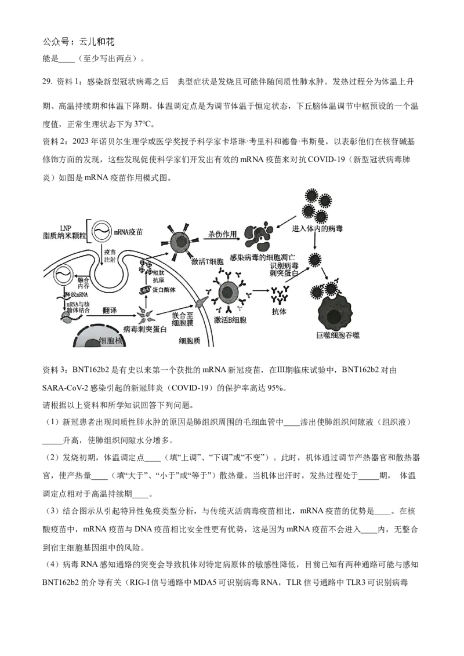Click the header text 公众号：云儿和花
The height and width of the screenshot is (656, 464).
[79, 42]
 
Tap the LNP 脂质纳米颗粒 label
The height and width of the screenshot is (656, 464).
[64, 231]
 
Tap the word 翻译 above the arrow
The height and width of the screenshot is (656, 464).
[110, 311]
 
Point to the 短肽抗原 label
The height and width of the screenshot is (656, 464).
[158, 276]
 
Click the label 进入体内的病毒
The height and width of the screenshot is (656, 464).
[317, 229]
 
